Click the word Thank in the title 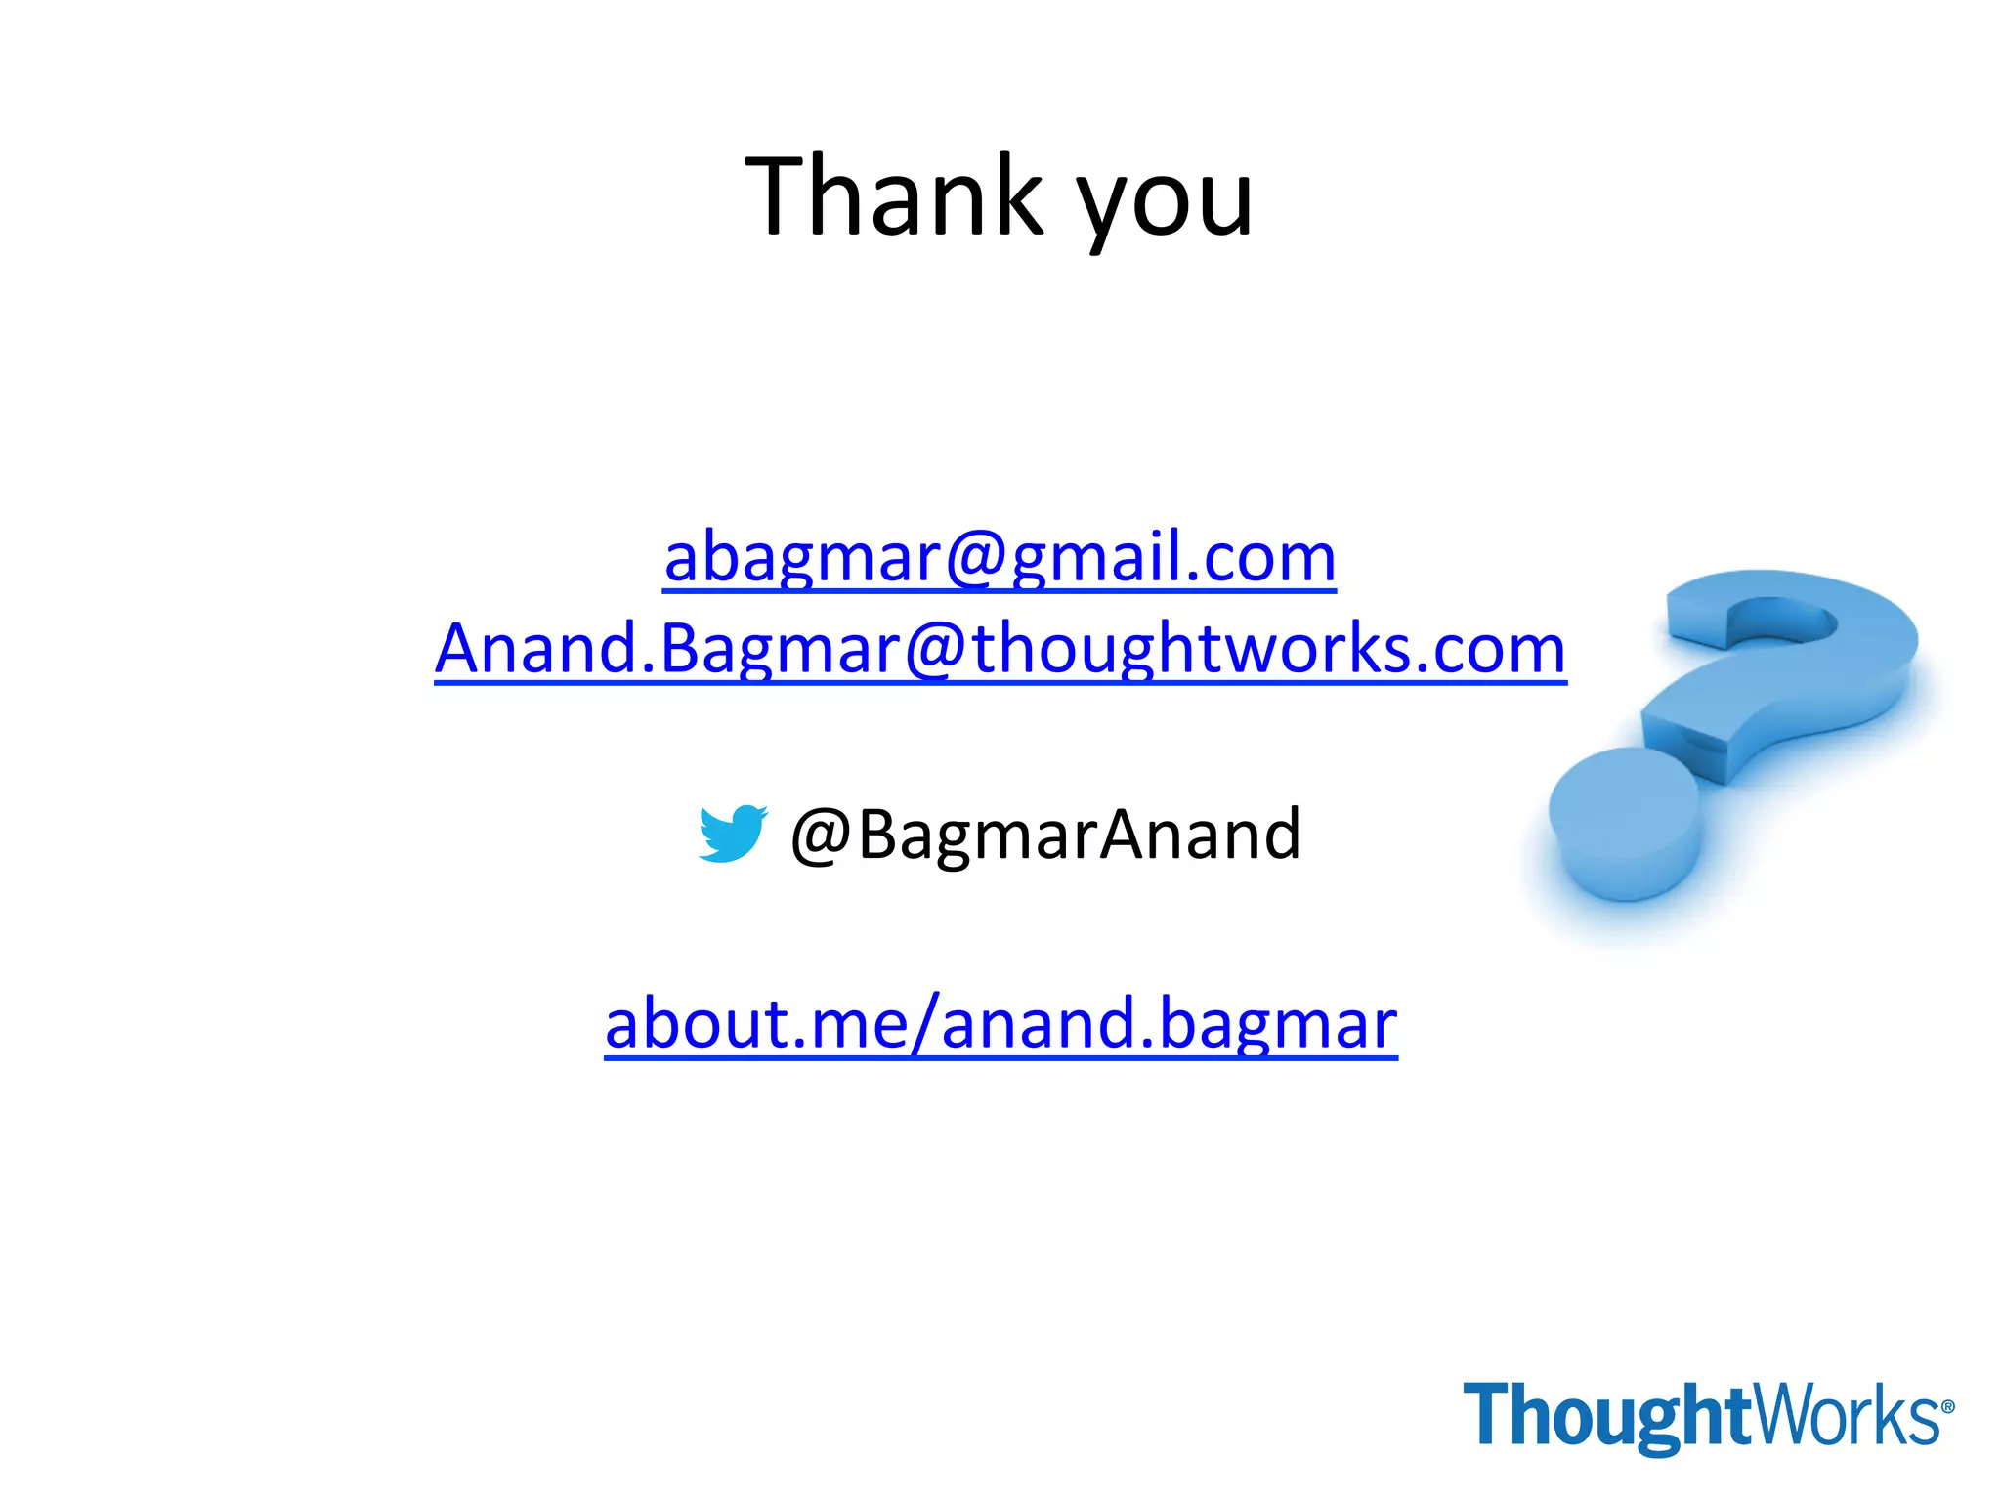tap(894, 197)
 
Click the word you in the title tap(1165, 205)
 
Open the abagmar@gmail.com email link tap(1000, 559)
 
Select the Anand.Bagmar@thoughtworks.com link tap(1000, 650)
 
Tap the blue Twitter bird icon tap(732, 834)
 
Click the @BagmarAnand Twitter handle tap(1045, 836)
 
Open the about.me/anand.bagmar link tap(1000, 1024)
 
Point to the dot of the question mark tap(1624, 821)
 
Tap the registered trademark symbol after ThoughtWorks tap(1947, 1407)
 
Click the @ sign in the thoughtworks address tap(936, 650)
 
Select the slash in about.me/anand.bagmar tap(925, 1024)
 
